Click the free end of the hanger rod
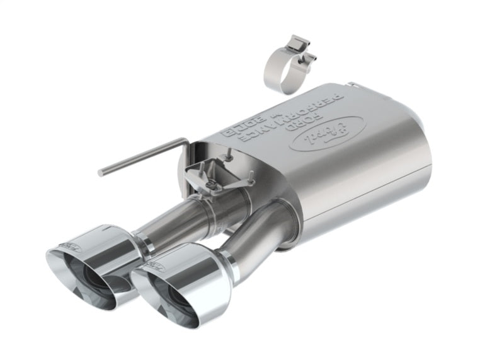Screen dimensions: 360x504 tap(101, 171)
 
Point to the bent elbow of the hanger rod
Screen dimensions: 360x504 tap(185, 141)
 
